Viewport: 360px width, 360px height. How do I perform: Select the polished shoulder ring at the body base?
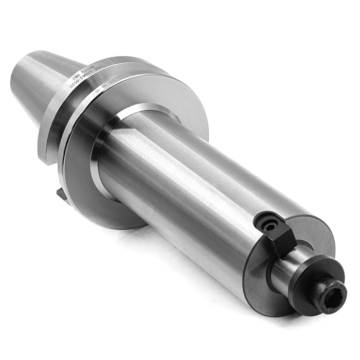[103, 154]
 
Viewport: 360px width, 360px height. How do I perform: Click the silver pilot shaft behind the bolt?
[288, 267]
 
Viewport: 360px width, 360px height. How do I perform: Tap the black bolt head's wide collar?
[309, 288]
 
